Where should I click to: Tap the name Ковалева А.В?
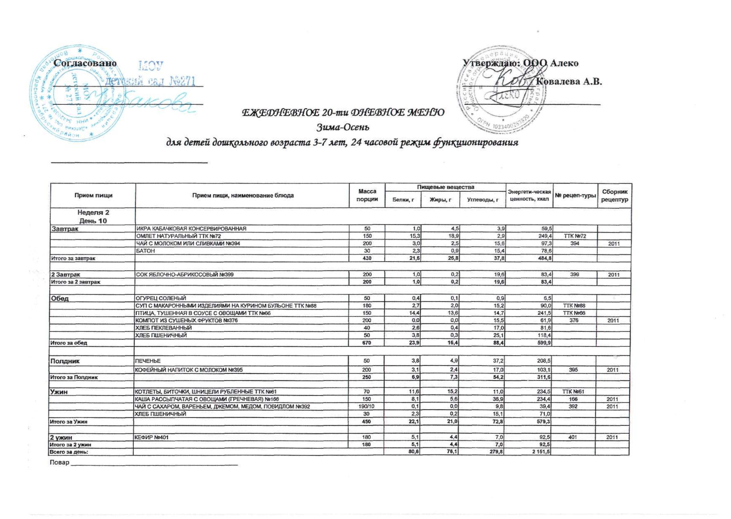(x=569, y=82)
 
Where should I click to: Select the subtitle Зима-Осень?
(x=343, y=127)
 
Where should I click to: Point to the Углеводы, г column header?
(x=482, y=200)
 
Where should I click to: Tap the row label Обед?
(x=59, y=299)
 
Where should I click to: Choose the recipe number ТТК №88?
(x=575, y=306)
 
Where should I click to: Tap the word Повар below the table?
(x=60, y=462)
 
